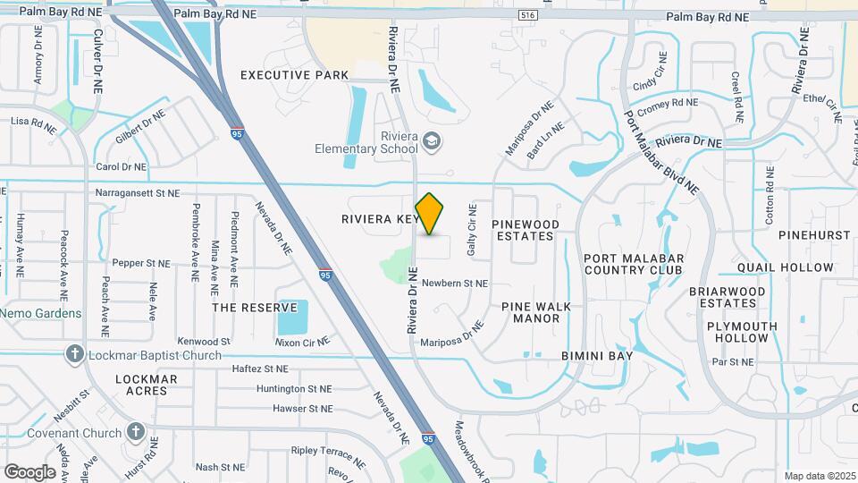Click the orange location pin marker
coord(430,214)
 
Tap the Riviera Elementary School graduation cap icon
coord(433,140)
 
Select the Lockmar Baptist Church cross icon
coord(75,355)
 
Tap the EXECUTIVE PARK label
coord(294,75)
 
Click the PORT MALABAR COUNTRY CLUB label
coord(633,264)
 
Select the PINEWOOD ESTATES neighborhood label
coord(526,230)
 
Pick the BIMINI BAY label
coord(597,356)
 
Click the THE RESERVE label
coord(255,308)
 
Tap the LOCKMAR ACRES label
coord(147,385)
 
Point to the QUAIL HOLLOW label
coord(773,267)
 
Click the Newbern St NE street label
coord(455,284)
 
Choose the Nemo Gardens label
coord(41,314)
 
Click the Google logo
coord(29,472)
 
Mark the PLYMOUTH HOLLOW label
coord(742,332)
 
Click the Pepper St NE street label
coord(141,264)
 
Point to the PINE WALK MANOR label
coord(536,312)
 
